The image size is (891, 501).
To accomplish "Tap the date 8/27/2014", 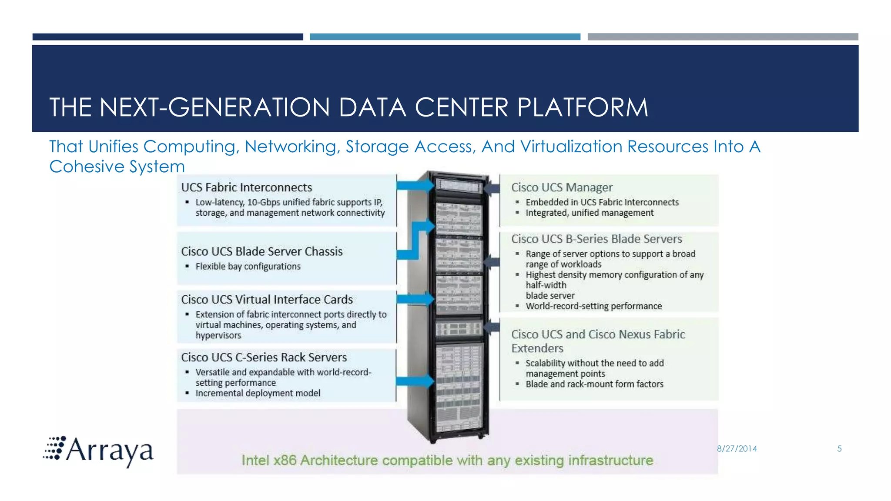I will click(737, 449).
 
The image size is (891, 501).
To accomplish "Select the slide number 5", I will click(840, 449).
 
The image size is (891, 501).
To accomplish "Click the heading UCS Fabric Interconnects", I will click(247, 187).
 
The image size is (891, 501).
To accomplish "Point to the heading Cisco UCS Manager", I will click(562, 187).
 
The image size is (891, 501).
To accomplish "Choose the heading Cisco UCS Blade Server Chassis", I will click(262, 251).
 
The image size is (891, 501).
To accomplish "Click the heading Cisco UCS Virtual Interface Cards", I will click(267, 300).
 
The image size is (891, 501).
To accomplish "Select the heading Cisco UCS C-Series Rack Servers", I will click(264, 357).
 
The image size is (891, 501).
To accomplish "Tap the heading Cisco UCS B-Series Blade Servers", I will click(596, 239).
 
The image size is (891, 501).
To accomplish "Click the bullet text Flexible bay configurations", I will click(248, 267).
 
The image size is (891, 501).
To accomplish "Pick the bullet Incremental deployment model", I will click(258, 394).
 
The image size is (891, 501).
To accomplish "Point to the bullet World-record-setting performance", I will click(594, 306).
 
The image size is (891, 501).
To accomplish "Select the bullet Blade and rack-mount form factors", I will click(594, 384).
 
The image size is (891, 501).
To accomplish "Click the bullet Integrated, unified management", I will click(590, 213).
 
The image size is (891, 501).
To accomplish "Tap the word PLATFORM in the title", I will click(583, 107).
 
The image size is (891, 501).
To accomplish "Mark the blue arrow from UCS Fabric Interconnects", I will click(415, 186).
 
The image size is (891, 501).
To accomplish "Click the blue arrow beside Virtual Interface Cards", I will click(415, 299).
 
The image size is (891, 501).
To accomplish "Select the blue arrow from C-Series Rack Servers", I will click(415, 381).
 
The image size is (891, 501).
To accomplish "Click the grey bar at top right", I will click(723, 37).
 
